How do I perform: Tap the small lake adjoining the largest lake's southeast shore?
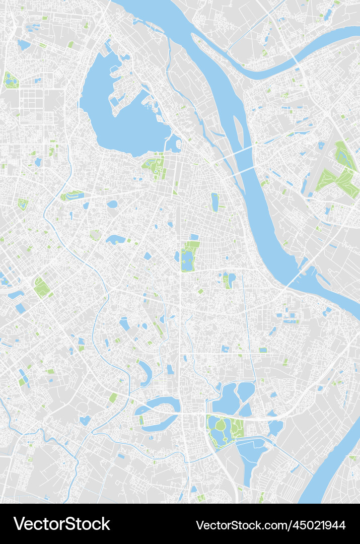[x=174, y=145]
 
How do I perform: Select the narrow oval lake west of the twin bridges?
[x=215, y=202]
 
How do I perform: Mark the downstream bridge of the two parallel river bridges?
[x=244, y=170]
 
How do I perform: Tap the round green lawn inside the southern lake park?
[x=221, y=425]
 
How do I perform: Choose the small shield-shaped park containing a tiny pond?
[x=23, y=204]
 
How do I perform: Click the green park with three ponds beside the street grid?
[x=11, y=80]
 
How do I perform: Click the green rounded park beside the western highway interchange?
[x=41, y=288]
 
